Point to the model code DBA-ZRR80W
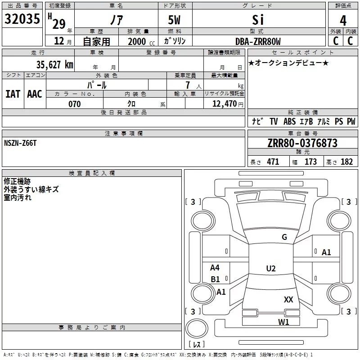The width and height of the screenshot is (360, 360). click(258, 41)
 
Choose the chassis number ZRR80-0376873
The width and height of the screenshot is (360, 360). click(302, 143)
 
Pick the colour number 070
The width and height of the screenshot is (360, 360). click(74, 104)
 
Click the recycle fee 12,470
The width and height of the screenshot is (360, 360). click(225, 104)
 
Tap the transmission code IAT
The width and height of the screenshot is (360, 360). click(13, 94)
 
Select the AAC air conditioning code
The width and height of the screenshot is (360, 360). click(34, 94)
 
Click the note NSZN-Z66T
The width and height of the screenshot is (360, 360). click(20, 143)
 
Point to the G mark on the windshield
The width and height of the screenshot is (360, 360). click(284, 237)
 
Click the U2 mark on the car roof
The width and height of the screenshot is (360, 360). click(270, 269)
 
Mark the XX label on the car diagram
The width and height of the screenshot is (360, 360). click(288, 299)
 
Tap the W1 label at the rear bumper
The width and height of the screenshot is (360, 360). click(283, 322)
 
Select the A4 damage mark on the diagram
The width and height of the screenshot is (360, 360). click(215, 268)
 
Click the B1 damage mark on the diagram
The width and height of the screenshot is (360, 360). click(215, 279)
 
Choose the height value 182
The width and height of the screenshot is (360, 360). click(346, 162)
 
